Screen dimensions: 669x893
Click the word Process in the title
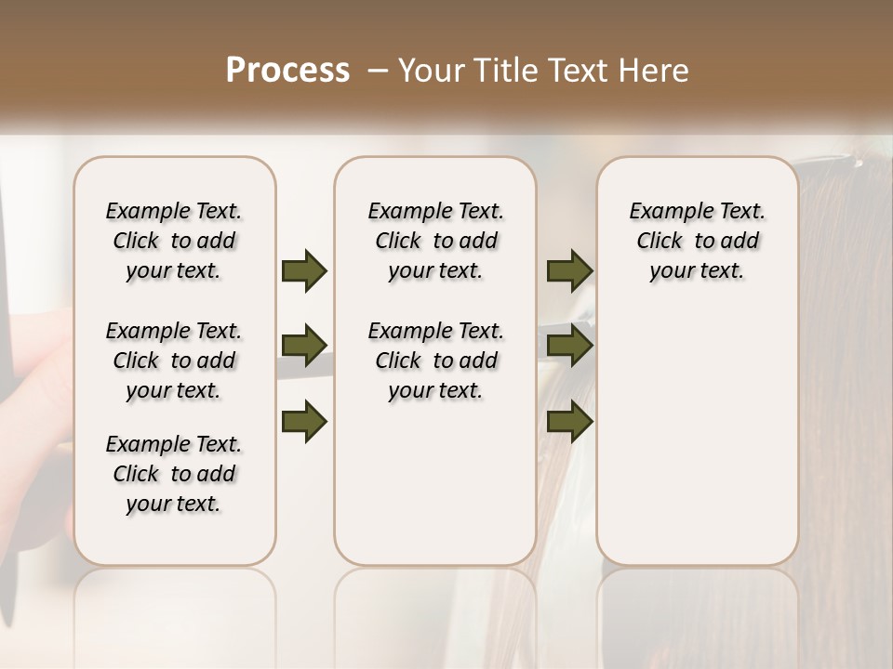(x=287, y=70)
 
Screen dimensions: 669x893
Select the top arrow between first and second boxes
(x=304, y=270)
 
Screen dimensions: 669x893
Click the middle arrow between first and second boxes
(x=304, y=346)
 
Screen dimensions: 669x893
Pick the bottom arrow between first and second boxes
(x=304, y=422)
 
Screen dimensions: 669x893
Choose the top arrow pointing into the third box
(x=569, y=270)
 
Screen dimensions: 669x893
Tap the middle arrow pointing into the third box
(x=569, y=346)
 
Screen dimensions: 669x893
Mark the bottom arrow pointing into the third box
(x=569, y=422)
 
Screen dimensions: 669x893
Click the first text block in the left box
(x=174, y=241)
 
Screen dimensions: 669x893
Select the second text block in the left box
(x=174, y=361)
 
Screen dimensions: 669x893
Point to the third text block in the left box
(x=174, y=474)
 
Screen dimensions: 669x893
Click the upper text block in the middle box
(x=435, y=241)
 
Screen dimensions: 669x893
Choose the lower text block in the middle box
(x=435, y=361)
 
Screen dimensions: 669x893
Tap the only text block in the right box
(x=697, y=241)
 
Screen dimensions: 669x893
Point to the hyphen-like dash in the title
(x=378, y=70)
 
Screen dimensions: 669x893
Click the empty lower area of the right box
(x=697, y=446)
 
